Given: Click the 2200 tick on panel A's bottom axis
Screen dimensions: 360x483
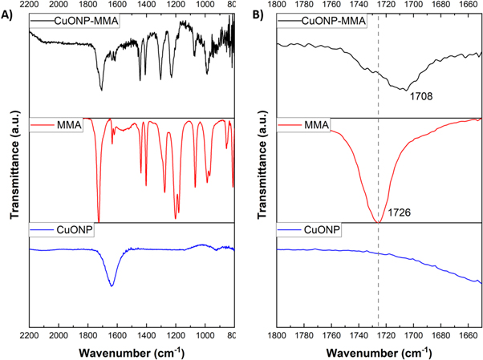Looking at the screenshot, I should (x=30, y=336).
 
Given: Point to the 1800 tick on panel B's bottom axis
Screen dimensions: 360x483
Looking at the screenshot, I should (x=278, y=336).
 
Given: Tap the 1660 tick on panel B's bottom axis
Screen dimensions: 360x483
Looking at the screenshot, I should (x=467, y=336).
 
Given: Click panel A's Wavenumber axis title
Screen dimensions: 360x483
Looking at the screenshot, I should (x=132, y=352).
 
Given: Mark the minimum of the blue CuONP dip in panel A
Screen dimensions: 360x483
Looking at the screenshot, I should (x=112, y=285).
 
